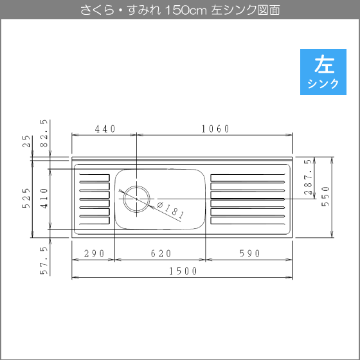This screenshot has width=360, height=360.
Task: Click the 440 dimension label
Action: (x=105, y=129)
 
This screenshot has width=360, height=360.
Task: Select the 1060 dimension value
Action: (x=215, y=129)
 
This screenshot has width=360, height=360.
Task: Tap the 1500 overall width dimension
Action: (x=183, y=271)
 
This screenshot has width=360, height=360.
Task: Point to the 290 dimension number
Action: (x=94, y=253)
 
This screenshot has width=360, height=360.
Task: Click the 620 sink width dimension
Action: (x=161, y=253)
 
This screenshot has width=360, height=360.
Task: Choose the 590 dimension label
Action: (x=250, y=253)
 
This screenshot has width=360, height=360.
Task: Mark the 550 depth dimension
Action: (x=325, y=197)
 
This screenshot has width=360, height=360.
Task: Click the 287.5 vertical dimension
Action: (x=308, y=177)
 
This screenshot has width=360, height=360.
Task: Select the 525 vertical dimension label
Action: (x=26, y=198)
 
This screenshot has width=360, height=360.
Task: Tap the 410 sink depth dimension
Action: (x=44, y=198)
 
